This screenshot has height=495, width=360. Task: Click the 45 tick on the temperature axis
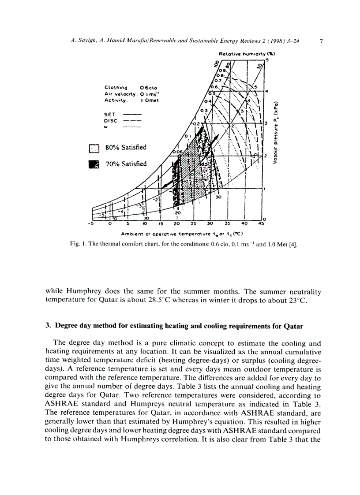click(261, 223)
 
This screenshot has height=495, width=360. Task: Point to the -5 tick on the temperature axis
click(91, 223)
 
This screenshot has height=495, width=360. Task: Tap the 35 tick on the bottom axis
click(227, 223)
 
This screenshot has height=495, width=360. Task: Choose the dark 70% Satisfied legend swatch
click(94, 164)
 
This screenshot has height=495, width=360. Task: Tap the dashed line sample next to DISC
click(131, 120)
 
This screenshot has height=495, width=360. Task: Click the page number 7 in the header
click(321, 41)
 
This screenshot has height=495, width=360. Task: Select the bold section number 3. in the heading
click(48, 327)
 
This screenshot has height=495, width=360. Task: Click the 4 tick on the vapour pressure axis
click(266, 91)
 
